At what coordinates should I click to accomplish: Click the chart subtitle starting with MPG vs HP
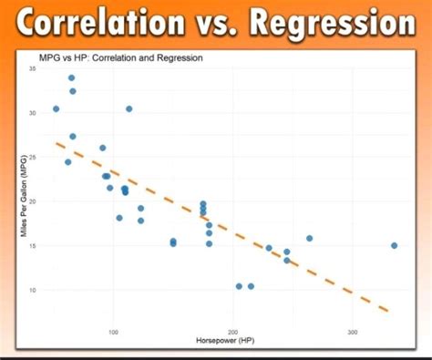[120, 58]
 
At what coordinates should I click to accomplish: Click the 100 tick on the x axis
[114, 332]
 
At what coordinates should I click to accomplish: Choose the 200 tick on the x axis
[233, 332]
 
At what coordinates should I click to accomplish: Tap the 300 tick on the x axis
[353, 332]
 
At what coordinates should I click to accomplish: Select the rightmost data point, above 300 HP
[394, 245]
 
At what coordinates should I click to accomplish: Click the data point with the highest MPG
[72, 78]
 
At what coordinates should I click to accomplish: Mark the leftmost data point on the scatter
[57, 108]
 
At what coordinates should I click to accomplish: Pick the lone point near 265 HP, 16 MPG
[310, 238]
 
